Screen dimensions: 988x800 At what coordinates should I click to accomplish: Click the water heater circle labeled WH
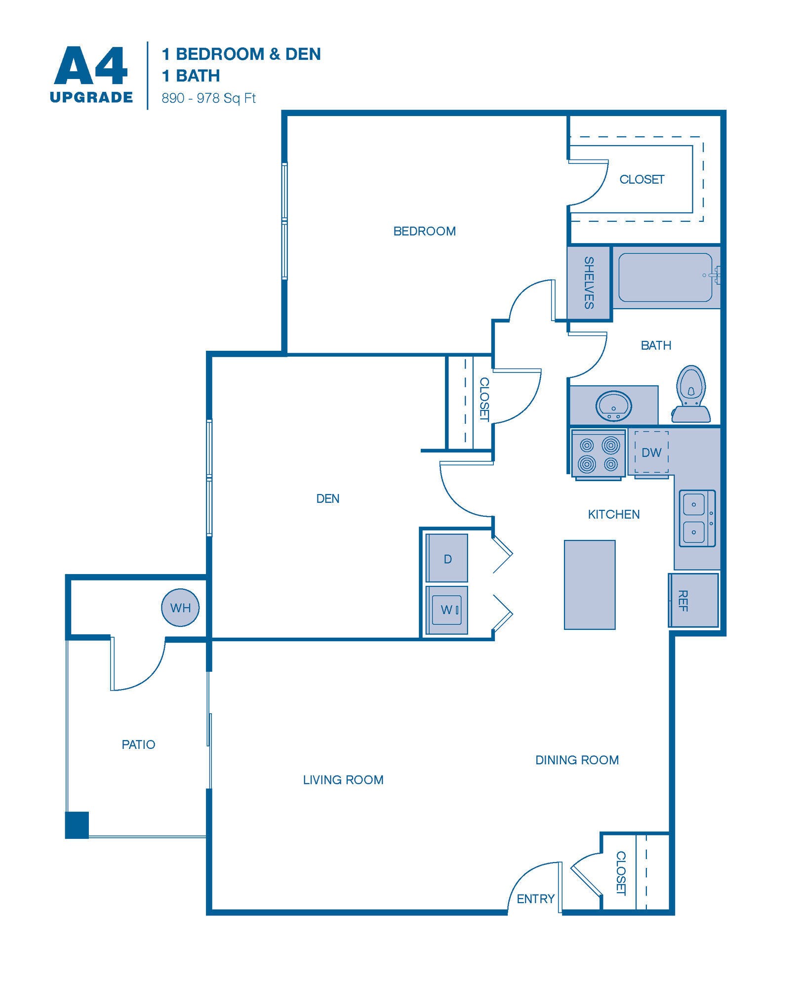point(180,608)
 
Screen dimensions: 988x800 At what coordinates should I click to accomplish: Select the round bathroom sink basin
point(613,406)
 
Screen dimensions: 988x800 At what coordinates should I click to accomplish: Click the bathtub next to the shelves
point(665,277)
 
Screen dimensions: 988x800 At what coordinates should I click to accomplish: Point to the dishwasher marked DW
point(651,452)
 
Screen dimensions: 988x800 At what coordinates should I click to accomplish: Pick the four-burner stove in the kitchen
point(599,454)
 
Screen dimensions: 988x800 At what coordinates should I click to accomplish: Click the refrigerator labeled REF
point(694,600)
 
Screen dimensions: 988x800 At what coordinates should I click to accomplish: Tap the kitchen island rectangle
point(590,584)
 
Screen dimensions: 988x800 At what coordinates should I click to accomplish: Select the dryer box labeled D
point(447,558)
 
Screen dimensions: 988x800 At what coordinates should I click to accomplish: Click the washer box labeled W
point(447,610)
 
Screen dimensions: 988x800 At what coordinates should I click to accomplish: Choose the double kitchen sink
point(697,518)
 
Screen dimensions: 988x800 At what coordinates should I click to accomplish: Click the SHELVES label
point(589,283)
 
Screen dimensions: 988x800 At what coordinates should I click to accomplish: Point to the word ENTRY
point(535,899)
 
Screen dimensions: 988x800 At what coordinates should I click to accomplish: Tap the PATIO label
point(138,744)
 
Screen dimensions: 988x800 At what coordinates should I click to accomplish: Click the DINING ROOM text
point(577,760)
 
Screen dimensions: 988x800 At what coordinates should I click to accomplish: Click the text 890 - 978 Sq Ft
point(208,98)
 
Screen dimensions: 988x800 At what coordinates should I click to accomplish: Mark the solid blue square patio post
point(77,825)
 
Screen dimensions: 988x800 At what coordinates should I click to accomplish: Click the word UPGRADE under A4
point(91,97)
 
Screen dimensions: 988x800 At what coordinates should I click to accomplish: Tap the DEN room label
point(327,498)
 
